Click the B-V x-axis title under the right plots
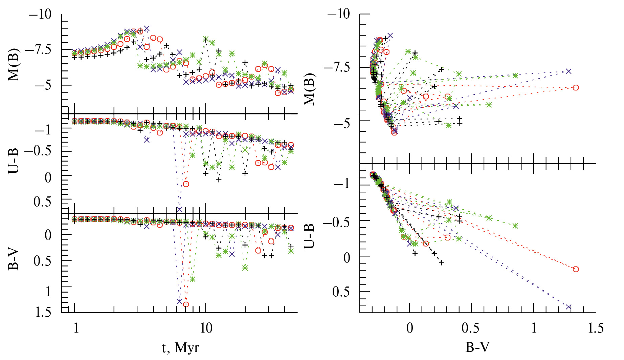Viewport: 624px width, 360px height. [x=477, y=347]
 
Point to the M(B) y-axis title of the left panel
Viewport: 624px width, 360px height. [x=14, y=65]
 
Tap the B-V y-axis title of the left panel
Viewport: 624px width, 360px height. [x=14, y=260]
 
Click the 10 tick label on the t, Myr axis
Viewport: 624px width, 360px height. [x=206, y=328]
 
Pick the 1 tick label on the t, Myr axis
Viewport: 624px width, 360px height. [x=76, y=328]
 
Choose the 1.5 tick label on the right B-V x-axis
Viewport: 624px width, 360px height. [x=596, y=328]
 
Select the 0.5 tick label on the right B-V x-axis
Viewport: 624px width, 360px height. [x=472, y=328]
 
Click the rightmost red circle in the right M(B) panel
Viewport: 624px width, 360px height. [x=576, y=88]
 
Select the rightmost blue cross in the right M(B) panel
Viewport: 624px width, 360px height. [x=569, y=71]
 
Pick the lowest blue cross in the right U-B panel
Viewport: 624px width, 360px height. [x=569, y=307]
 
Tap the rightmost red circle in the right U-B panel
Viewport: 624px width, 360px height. [x=576, y=269]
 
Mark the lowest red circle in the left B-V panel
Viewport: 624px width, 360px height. [x=186, y=304]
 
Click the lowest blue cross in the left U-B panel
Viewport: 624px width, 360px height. [x=179, y=209]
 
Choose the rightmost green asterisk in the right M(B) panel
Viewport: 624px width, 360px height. [x=515, y=76]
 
